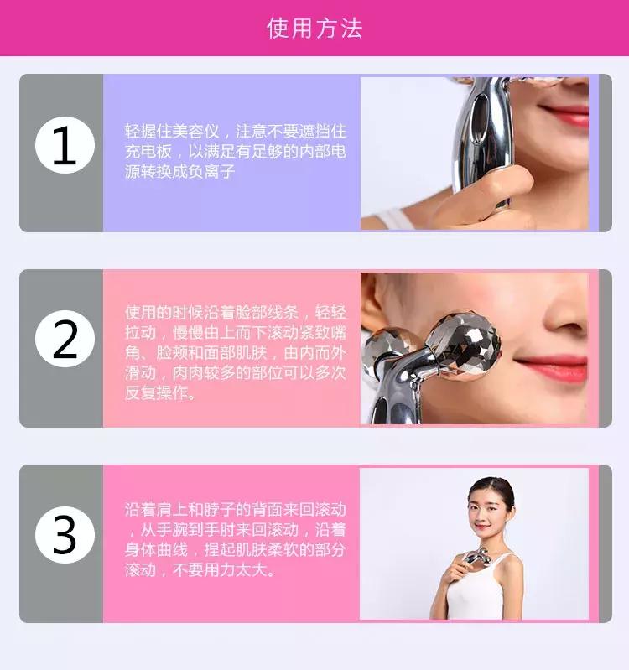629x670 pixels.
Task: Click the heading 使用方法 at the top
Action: tap(314, 29)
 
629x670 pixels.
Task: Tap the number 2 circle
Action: tap(64, 341)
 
